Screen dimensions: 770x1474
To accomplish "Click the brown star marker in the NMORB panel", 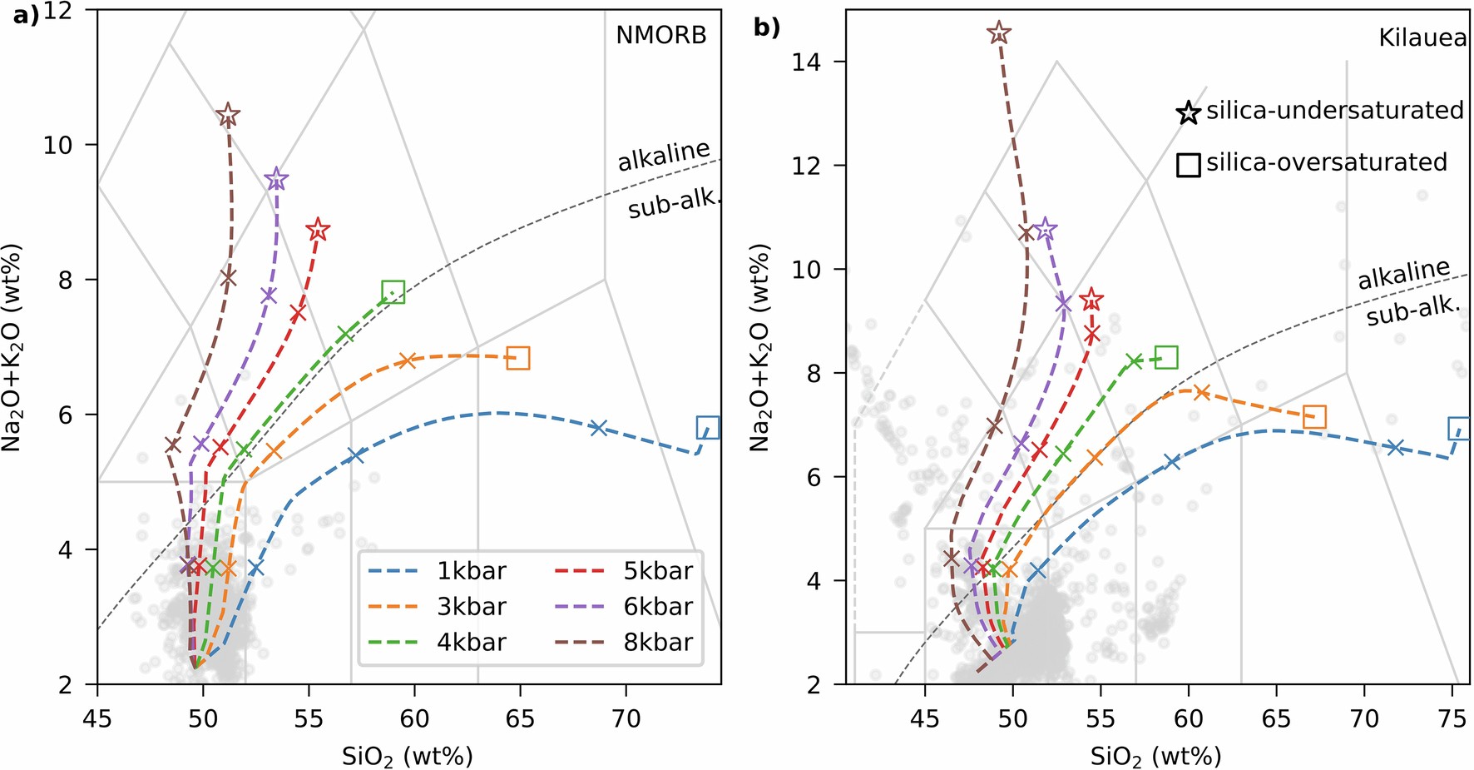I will tap(228, 116).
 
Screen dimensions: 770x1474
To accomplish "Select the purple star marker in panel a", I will tap(276, 179).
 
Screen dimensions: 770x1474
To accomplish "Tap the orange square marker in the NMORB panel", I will tap(517, 358).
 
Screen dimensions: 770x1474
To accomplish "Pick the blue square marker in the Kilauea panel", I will tap(1459, 429).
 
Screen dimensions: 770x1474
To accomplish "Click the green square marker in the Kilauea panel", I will tap(1166, 357).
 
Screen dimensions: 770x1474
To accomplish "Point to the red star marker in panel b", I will tap(1091, 300).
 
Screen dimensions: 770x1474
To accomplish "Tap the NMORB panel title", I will tap(660, 35).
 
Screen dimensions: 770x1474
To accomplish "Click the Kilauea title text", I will tap(1422, 38).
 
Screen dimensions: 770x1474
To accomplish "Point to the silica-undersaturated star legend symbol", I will tap(1189, 112).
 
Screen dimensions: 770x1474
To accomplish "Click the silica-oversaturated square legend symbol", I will tap(1189, 165).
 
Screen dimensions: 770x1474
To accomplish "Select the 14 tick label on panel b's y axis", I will tap(807, 62).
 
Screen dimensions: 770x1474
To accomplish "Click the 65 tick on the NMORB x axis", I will tap(520, 718).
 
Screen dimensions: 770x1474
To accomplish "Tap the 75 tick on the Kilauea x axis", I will tap(1452, 718).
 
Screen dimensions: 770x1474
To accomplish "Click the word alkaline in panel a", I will tap(663, 155).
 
